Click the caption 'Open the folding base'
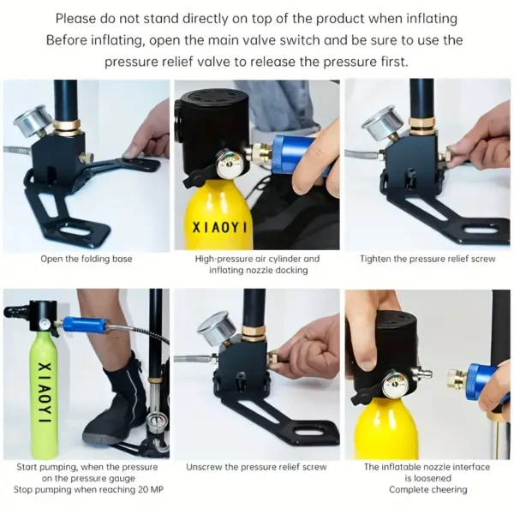point(87,259)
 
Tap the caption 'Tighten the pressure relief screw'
point(427,259)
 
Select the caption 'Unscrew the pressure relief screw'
point(256,467)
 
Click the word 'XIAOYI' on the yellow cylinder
point(219,228)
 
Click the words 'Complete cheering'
point(427,490)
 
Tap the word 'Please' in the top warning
point(75,19)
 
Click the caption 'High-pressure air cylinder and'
point(257,259)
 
